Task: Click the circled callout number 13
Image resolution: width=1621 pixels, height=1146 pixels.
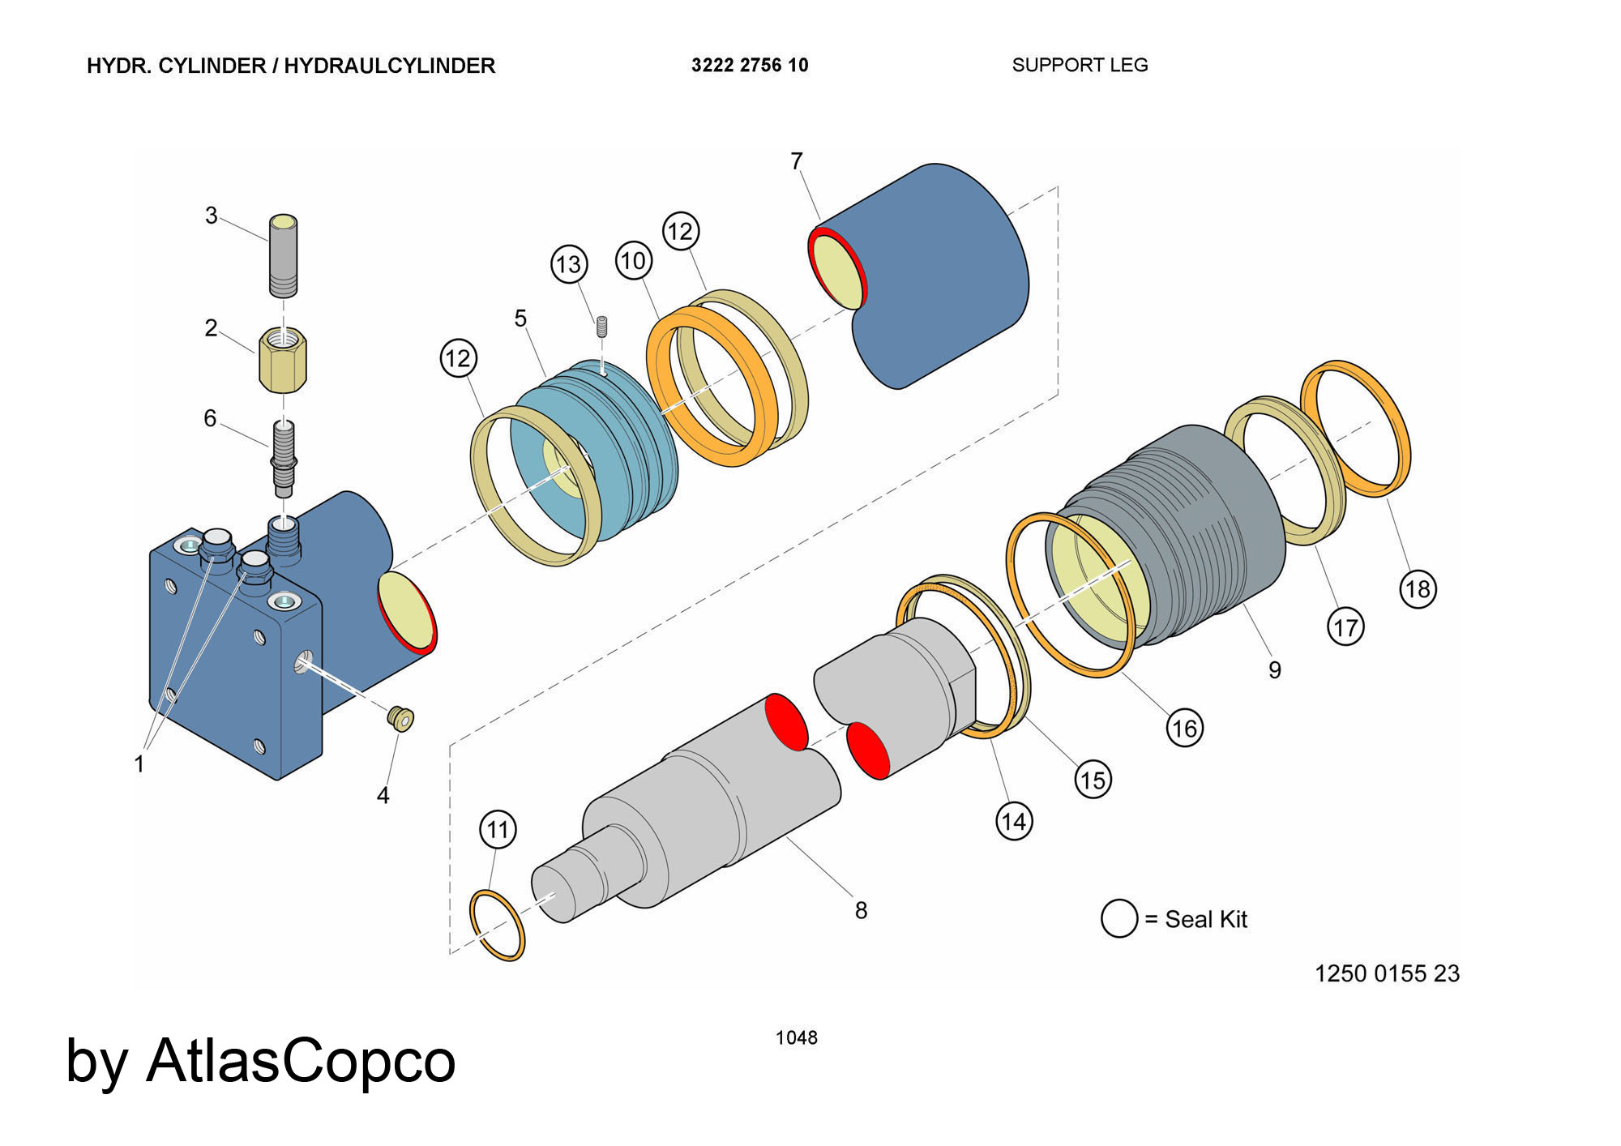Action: tap(569, 264)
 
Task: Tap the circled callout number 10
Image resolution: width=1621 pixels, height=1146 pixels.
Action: tap(633, 260)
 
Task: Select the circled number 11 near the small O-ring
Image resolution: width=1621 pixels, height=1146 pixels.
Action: tap(498, 829)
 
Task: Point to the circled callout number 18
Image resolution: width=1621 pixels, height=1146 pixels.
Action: tap(1418, 588)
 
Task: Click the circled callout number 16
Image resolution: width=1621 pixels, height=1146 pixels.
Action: tap(1184, 728)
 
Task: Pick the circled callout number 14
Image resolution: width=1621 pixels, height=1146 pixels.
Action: tap(1014, 822)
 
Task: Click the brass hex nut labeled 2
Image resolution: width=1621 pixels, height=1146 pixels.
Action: tap(283, 360)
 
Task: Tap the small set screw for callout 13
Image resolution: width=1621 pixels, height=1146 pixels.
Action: tap(601, 327)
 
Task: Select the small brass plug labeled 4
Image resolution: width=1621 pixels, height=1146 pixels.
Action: tap(400, 718)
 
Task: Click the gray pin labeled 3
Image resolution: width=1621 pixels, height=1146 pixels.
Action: tap(283, 254)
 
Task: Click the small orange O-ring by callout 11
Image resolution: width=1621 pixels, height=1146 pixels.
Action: tap(498, 925)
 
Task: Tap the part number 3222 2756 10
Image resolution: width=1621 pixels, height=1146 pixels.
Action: tap(750, 66)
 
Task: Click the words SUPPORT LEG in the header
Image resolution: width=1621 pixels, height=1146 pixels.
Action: tap(1080, 65)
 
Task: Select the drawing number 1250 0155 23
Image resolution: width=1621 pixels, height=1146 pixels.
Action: tap(1387, 973)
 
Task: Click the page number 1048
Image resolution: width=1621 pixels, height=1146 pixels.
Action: tap(796, 1037)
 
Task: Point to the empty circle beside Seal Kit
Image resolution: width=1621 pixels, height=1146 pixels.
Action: tap(1119, 918)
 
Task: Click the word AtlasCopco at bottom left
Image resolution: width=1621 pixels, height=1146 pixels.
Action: tap(301, 1061)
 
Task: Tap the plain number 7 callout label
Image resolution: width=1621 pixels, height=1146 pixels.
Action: tap(797, 161)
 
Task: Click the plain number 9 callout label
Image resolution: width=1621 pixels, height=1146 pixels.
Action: tap(1275, 670)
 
